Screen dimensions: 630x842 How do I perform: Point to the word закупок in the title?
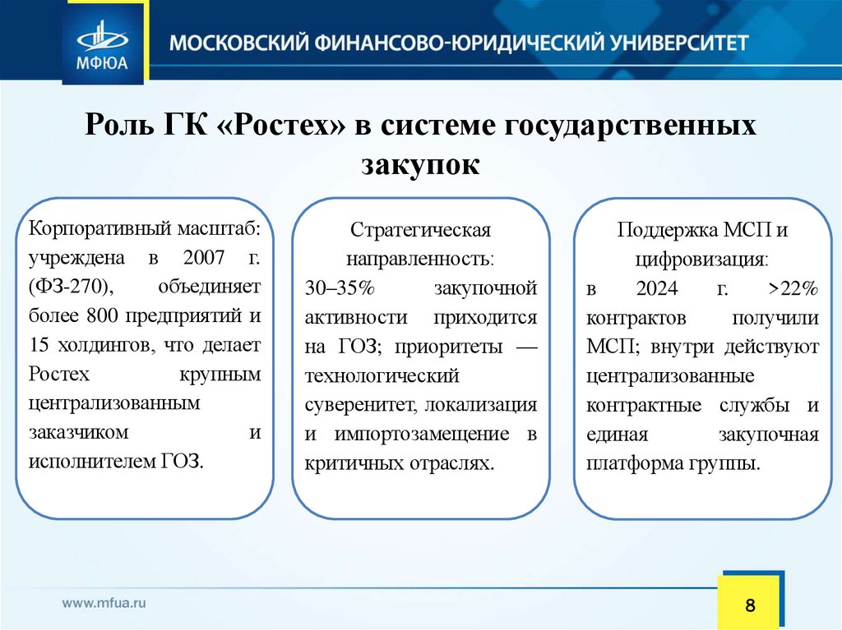point(419,163)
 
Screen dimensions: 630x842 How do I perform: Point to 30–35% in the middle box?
point(334,288)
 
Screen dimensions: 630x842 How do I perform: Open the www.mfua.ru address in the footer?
point(104,602)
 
